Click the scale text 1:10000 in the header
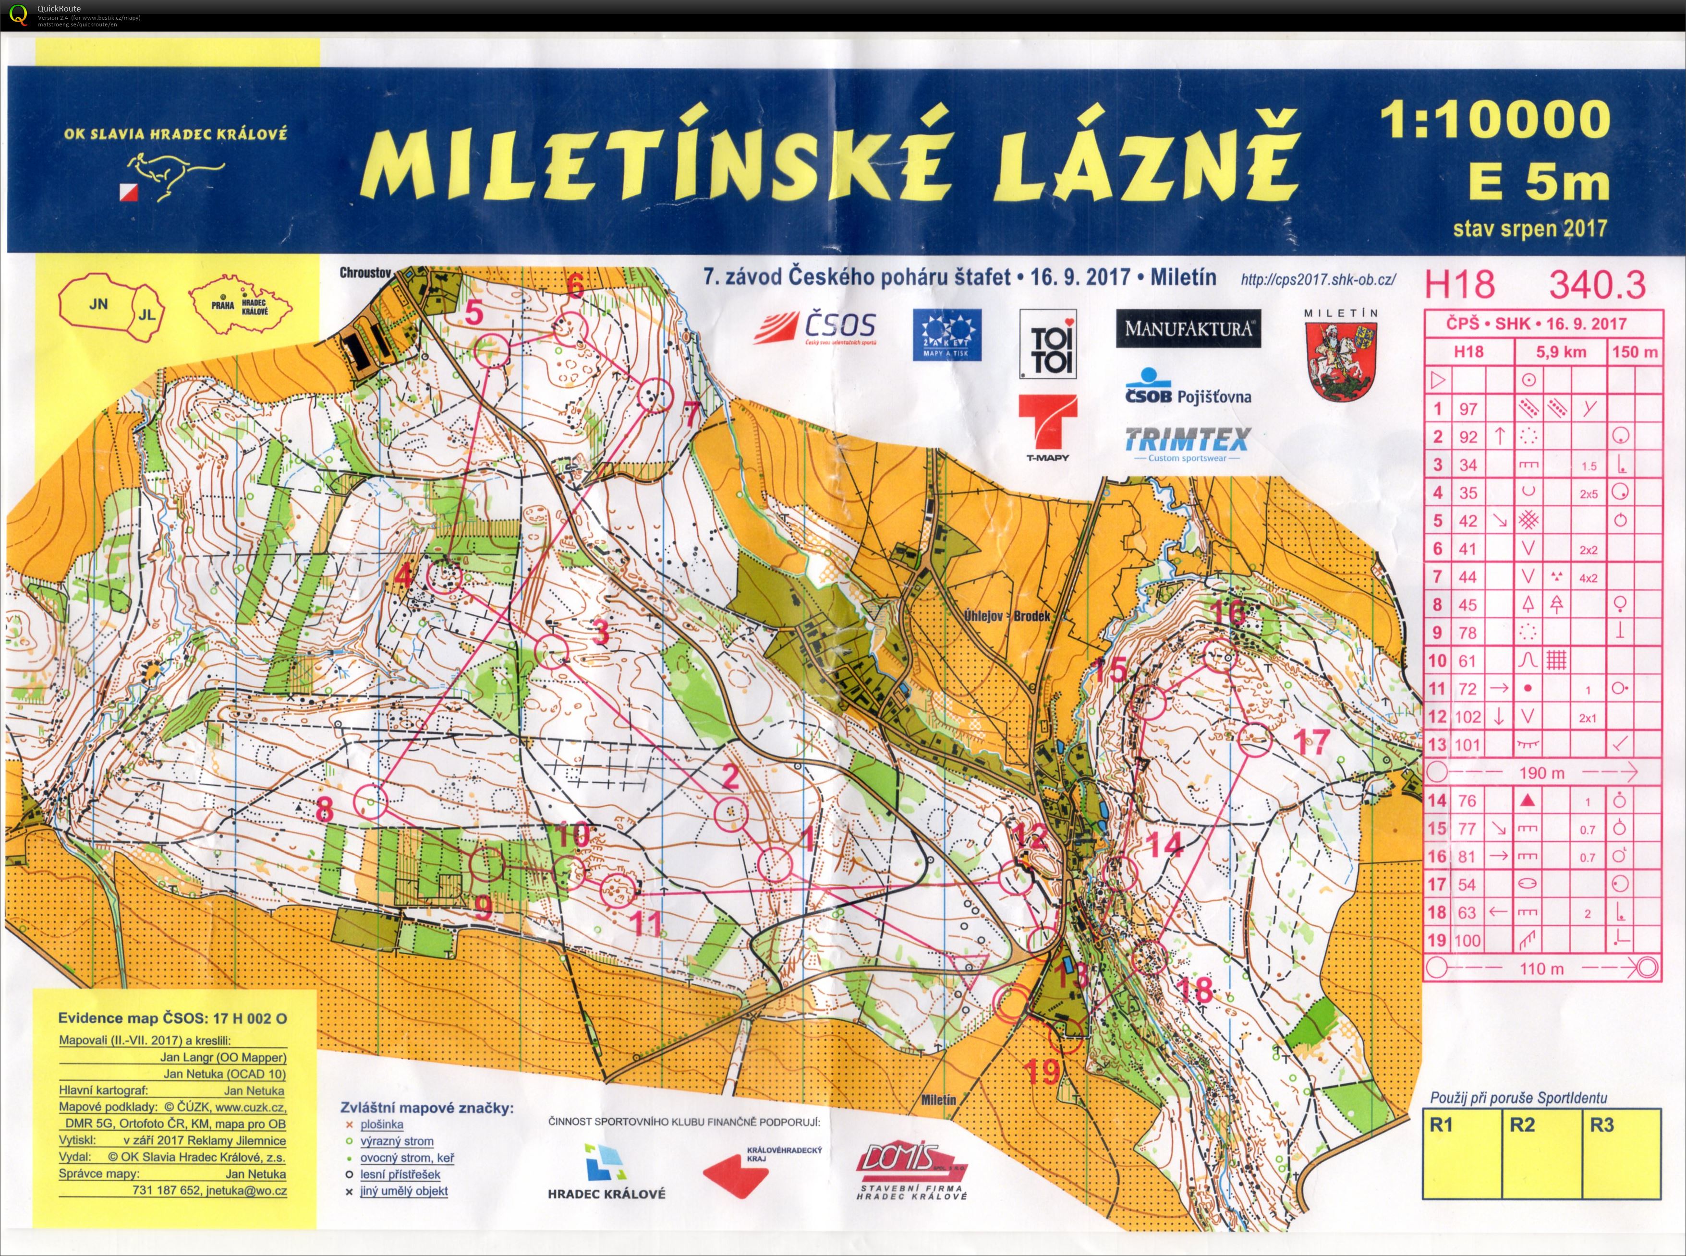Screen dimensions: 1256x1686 1494,120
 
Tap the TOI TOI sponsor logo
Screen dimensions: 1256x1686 1048,344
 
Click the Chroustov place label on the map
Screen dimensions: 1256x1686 365,272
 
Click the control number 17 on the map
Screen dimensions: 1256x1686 1312,742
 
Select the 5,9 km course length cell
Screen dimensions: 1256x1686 1561,352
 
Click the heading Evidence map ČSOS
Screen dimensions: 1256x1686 172,1018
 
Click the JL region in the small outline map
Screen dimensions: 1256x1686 147,313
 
